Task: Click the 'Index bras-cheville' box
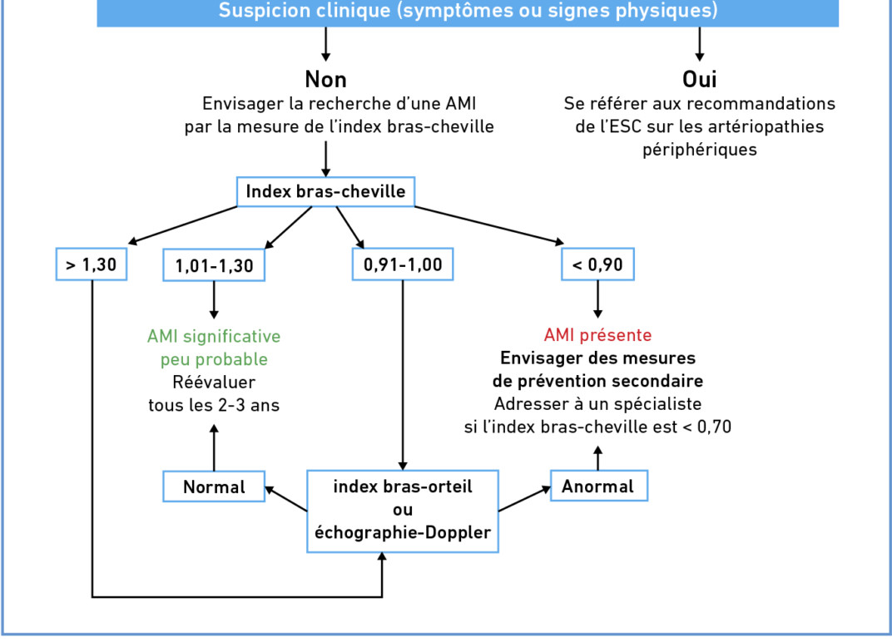click(x=325, y=191)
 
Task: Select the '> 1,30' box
click(x=91, y=264)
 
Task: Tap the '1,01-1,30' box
click(x=214, y=265)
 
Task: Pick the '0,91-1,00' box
click(x=403, y=264)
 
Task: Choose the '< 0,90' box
click(x=597, y=264)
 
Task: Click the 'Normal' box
click(x=214, y=486)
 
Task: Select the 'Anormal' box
click(x=598, y=486)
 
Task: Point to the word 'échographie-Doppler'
click(x=403, y=533)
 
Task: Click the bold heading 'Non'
click(x=326, y=80)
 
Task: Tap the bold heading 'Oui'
click(x=700, y=80)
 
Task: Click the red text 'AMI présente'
click(x=598, y=335)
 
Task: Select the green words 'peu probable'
click(x=214, y=359)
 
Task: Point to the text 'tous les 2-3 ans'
click(x=214, y=405)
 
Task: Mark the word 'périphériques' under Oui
click(x=700, y=150)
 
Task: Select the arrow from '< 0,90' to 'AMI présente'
click(x=597, y=299)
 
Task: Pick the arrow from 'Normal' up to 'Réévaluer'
click(x=214, y=447)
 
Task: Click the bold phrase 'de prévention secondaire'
click(x=598, y=381)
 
